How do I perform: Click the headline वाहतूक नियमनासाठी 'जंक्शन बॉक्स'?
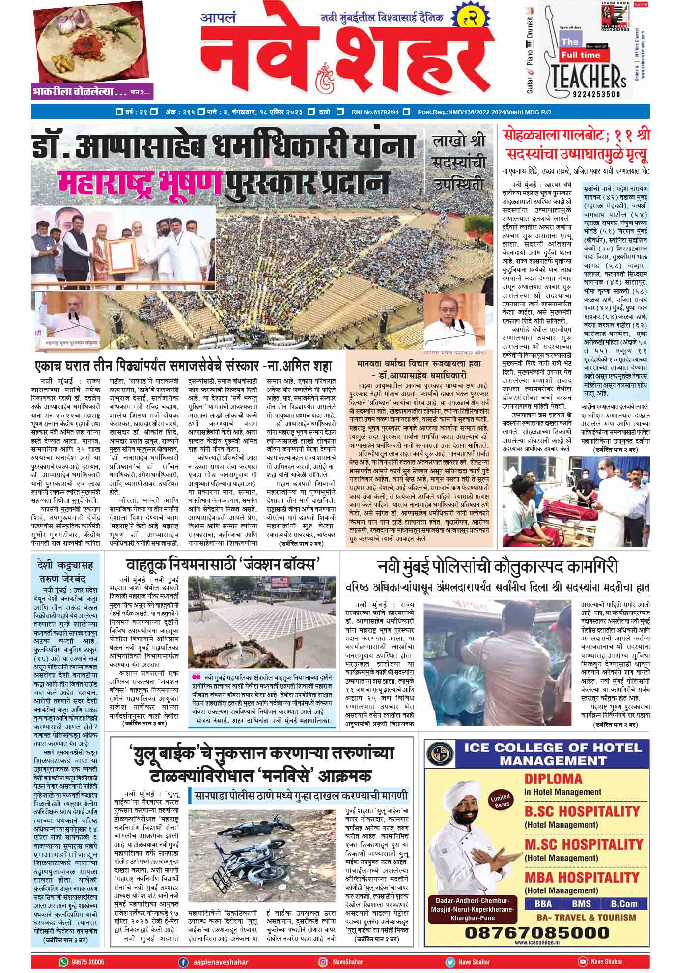[223, 563]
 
